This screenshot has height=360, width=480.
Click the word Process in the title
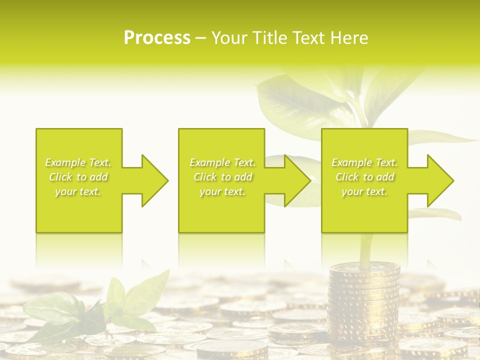pos(157,38)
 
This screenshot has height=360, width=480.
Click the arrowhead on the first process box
pos(155,180)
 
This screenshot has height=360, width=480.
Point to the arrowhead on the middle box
pos(297,180)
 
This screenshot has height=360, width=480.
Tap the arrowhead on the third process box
pos(440,180)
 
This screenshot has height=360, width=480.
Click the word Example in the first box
pos(65,162)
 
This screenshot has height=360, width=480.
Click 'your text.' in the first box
pos(78,191)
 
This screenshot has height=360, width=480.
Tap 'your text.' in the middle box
pos(222,191)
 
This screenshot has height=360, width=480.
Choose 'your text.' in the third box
pos(364,191)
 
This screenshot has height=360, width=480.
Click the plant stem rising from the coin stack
pos(365,250)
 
